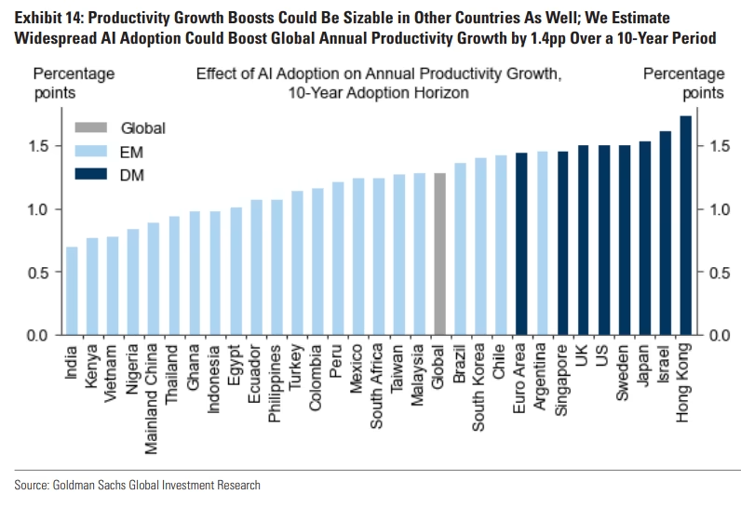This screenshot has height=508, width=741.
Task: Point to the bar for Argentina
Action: (x=542, y=243)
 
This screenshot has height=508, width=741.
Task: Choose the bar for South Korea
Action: (x=480, y=247)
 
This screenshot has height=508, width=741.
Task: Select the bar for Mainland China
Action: (x=154, y=278)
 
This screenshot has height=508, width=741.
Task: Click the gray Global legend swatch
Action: (x=89, y=128)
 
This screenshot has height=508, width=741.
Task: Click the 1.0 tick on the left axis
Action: (x=47, y=209)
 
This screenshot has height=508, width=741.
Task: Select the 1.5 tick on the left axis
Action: (x=47, y=146)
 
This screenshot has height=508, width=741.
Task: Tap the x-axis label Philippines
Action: (x=276, y=382)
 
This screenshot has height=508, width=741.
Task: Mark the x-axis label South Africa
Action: (x=378, y=386)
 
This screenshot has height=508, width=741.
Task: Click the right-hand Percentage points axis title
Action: (x=683, y=83)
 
